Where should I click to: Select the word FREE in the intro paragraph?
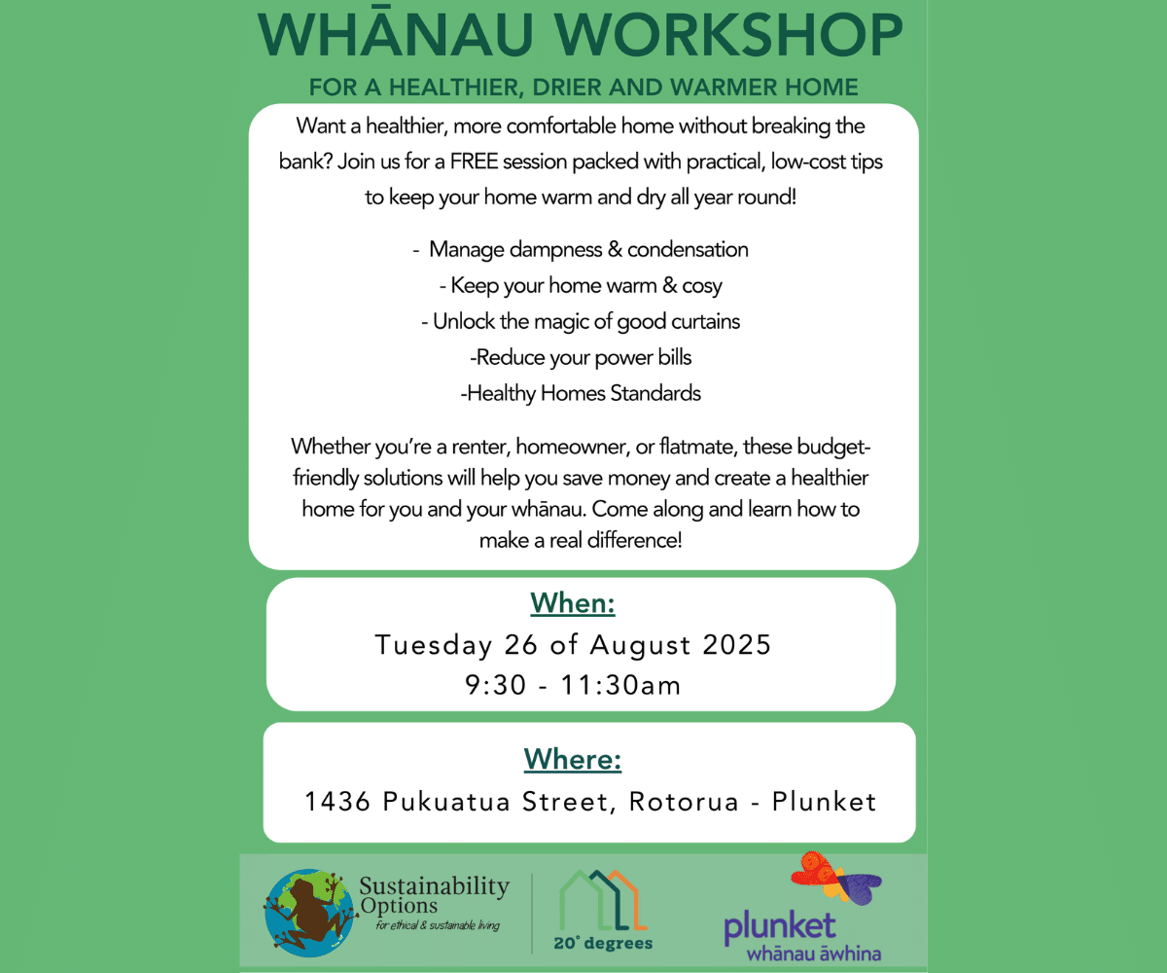point(474,162)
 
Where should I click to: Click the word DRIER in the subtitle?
point(566,88)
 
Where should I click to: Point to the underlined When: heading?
point(573,603)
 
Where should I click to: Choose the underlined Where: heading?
point(573,759)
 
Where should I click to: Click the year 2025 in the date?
point(736,644)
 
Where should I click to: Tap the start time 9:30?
point(496,685)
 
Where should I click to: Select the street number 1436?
point(337,802)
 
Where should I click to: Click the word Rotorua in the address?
point(684,802)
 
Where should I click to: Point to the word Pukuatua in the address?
point(446,802)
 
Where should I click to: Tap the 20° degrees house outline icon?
point(603,900)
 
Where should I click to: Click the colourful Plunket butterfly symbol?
point(835,879)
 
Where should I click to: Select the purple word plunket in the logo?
point(780,927)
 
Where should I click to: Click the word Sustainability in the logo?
point(435,886)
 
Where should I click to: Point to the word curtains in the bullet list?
point(705,321)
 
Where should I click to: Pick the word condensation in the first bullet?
point(688,249)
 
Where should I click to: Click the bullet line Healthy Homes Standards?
point(581,393)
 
